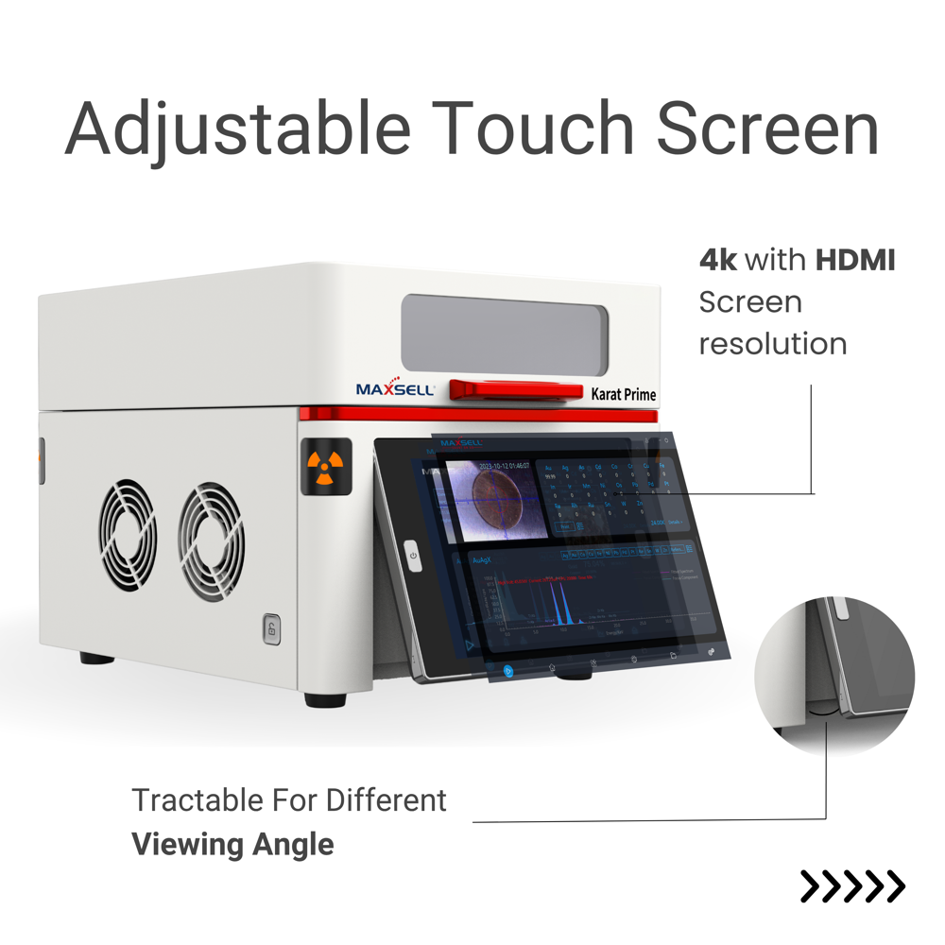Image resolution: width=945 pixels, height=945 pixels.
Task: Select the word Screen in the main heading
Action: pyautogui.click(x=768, y=128)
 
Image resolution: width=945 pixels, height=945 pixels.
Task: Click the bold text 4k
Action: pyautogui.click(x=717, y=260)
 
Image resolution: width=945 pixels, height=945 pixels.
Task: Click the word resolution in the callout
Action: pyautogui.click(x=772, y=343)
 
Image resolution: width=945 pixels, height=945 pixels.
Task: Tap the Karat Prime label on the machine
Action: pyautogui.click(x=623, y=394)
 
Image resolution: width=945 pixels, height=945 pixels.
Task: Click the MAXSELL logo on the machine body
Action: pyautogui.click(x=394, y=388)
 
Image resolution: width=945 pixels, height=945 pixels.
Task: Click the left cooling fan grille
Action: pyautogui.click(x=129, y=534)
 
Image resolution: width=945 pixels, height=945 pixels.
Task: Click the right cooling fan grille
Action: pyautogui.click(x=212, y=543)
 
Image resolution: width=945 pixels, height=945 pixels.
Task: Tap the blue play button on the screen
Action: pyautogui.click(x=508, y=671)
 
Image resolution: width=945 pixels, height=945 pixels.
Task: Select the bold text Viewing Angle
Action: pyautogui.click(x=232, y=843)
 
